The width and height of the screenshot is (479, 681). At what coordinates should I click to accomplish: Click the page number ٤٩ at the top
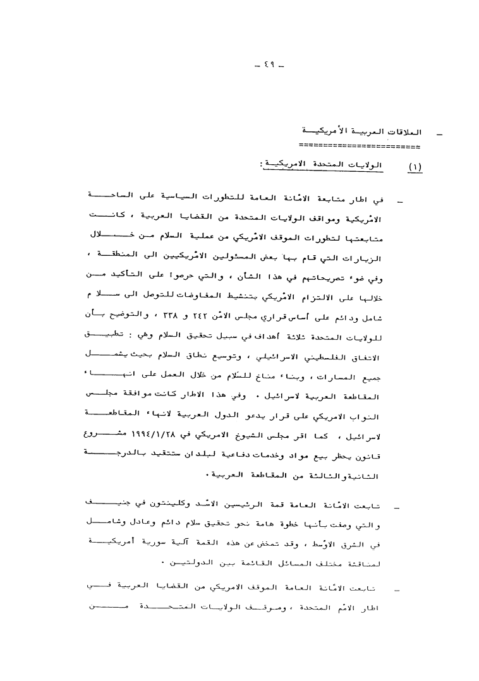click(x=269, y=64)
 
